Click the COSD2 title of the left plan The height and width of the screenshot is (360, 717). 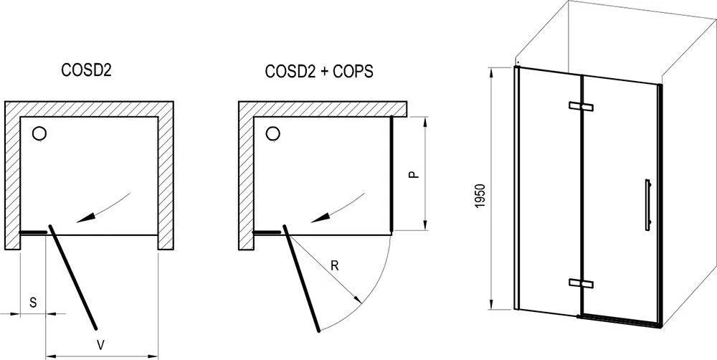tap(87, 71)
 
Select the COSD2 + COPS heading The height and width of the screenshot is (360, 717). tap(319, 71)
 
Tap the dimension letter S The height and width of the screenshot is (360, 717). tap(34, 303)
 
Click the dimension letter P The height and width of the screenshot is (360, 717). tap(414, 175)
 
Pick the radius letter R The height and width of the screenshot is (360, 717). tap(335, 266)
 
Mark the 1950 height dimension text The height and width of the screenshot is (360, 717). tap(480, 196)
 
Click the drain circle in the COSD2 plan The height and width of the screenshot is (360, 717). tap(39, 133)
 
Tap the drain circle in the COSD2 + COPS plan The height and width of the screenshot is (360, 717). tap(273, 133)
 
